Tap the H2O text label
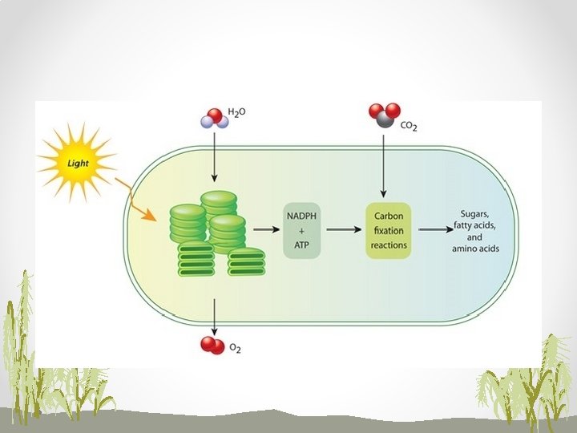[x=238, y=115]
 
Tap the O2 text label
[x=235, y=348]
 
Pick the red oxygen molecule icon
[x=212, y=345]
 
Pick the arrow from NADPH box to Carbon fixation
[x=345, y=229]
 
